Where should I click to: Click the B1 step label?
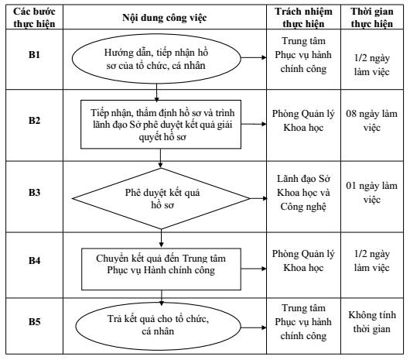34,54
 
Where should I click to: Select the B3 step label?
34,192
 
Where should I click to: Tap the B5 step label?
34,321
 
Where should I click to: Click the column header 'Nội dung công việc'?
165,18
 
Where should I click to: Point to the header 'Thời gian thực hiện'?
372,18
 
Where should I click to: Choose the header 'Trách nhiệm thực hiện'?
303,18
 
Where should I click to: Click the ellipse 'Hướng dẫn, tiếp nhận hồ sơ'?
156,59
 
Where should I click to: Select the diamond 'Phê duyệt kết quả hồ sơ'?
162,198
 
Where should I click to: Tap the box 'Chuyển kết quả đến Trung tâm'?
161,269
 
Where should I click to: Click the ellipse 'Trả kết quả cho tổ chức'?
158,326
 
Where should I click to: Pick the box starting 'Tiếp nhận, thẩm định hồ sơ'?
161,125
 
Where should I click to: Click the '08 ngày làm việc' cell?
371,121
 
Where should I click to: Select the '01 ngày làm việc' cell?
371,193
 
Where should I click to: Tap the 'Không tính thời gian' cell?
372,321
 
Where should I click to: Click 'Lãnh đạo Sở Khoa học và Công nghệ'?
303,193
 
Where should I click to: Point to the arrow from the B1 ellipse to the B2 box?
156,93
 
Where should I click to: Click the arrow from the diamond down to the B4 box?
161,238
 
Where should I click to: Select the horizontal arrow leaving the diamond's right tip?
259,198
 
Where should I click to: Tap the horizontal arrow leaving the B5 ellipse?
254,327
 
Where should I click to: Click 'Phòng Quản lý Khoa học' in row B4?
303,261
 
